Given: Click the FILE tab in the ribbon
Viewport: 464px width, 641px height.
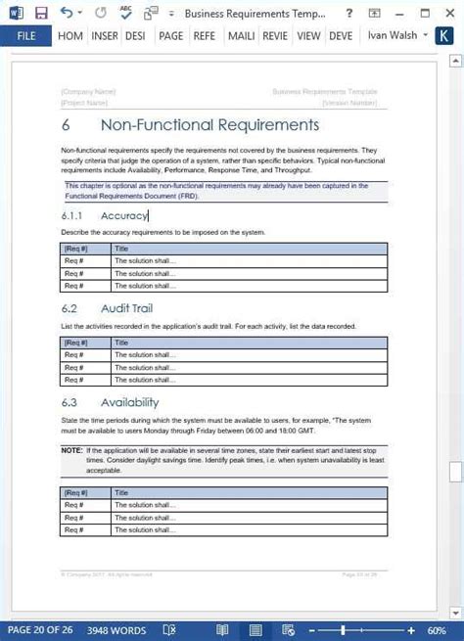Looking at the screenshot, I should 25,36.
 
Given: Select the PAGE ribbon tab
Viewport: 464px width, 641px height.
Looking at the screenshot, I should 170,36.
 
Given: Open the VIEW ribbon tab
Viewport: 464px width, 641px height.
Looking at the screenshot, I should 308,36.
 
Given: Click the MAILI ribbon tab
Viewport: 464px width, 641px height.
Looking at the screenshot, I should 242,36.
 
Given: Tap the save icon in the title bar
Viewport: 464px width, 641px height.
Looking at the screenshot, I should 41,13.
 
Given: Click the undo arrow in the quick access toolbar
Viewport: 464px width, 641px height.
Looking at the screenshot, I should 67,13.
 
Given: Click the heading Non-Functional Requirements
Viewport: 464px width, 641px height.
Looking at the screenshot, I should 209,125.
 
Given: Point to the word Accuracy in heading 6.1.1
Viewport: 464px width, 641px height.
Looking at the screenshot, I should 124,215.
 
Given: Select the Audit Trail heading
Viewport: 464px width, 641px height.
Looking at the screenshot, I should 128,308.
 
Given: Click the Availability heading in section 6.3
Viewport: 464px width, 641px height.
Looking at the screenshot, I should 129,402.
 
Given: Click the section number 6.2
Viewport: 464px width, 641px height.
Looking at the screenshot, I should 69,308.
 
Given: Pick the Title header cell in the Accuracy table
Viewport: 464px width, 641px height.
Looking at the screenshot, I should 122,249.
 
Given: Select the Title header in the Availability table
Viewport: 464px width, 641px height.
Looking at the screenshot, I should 122,493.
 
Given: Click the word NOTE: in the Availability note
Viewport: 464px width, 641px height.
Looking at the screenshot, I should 71,449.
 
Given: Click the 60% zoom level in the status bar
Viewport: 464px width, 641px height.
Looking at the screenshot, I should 437,630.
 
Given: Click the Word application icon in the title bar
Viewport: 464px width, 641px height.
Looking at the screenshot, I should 13,13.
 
